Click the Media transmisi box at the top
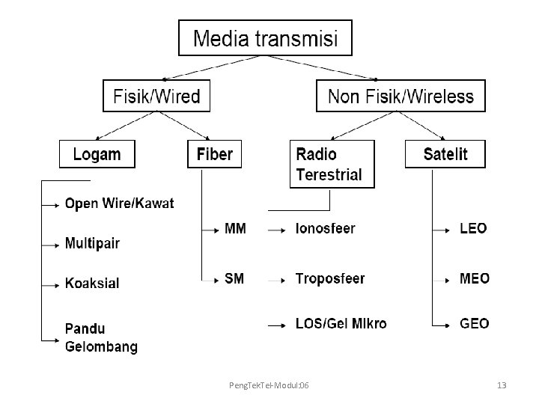(x=265, y=37)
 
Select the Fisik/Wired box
(x=156, y=96)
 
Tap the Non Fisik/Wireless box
(x=401, y=96)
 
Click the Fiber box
(x=214, y=155)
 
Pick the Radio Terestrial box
(x=332, y=165)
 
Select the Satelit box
(x=445, y=155)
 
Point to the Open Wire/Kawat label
(x=120, y=203)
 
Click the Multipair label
(x=92, y=243)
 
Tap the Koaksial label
(x=92, y=284)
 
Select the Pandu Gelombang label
(x=101, y=337)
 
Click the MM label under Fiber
(x=235, y=228)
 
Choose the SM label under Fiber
(x=234, y=278)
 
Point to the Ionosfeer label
(x=326, y=228)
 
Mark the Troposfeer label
(x=330, y=278)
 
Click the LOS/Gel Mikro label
(x=341, y=323)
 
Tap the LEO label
(x=473, y=228)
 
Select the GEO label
(x=475, y=323)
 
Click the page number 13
(x=502, y=385)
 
